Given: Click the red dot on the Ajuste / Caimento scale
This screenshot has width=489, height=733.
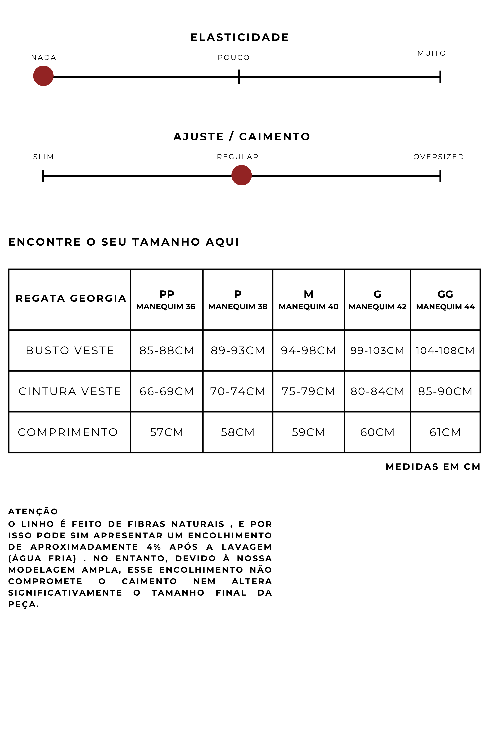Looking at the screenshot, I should (x=241, y=176).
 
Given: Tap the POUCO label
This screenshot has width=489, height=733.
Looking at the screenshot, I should (x=234, y=58).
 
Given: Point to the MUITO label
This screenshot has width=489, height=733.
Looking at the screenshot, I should (x=432, y=53).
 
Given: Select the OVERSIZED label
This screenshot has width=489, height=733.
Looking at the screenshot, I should (x=439, y=157).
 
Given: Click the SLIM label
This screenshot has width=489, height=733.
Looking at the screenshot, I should (x=43, y=157).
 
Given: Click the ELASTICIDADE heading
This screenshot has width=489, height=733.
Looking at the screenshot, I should (x=240, y=37).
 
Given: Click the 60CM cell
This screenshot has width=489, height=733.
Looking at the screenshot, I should (x=377, y=432).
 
